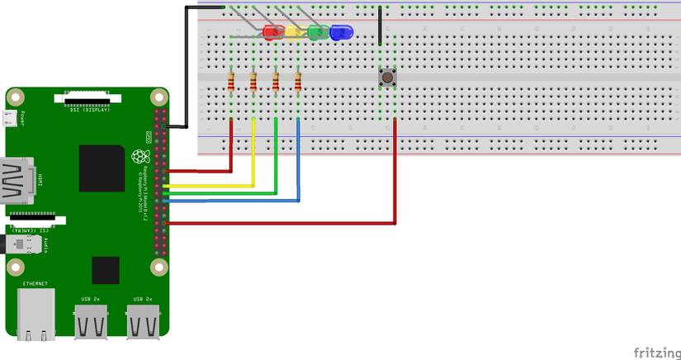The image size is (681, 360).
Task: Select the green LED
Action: pos(317,33)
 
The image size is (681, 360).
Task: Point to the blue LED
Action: pos(340,33)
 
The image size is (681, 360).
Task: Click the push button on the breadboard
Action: pos(386,78)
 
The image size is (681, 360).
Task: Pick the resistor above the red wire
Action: pos(231,82)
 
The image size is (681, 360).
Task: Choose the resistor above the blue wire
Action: pos(298,82)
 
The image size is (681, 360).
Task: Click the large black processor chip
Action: pos(102,168)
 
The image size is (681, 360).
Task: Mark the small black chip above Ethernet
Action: pos(105,269)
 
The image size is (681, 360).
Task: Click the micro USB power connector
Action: pos(11,121)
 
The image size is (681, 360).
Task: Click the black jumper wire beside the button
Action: pos(380,26)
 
